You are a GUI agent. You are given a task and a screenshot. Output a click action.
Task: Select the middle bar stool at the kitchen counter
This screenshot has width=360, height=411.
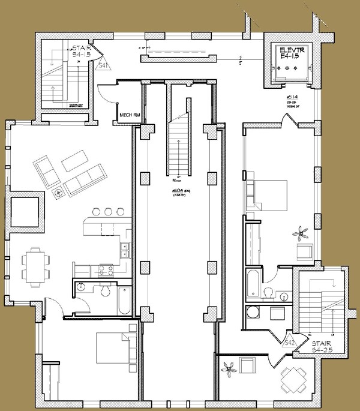(109, 211)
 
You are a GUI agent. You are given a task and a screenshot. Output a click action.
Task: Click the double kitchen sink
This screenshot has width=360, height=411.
(125, 250)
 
